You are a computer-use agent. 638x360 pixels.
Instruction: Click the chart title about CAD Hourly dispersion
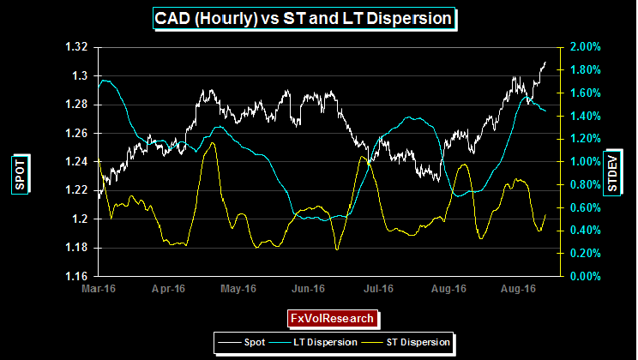pos(303,18)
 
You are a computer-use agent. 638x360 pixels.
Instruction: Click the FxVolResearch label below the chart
pos(332,319)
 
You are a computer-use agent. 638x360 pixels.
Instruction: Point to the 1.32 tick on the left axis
pos(77,47)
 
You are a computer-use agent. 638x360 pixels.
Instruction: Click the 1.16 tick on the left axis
pos(77,277)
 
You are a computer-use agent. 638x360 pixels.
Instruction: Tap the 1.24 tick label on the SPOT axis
pos(77,162)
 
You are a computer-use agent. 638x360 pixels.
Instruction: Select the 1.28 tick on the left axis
pos(77,105)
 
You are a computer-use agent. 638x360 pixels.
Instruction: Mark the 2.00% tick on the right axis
pos(581,47)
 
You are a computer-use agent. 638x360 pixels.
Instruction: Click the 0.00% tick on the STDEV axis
pos(581,277)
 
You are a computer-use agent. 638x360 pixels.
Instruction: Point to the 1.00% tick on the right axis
pos(581,162)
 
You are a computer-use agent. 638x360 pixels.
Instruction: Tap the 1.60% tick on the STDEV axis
pos(581,93)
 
